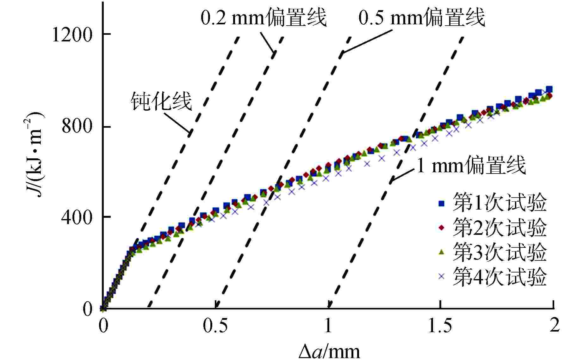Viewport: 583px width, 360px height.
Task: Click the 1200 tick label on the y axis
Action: click(x=71, y=35)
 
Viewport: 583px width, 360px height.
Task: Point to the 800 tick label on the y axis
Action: click(x=77, y=127)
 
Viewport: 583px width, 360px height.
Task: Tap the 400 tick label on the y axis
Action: click(x=77, y=217)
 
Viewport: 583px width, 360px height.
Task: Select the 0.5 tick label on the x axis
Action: click(x=215, y=326)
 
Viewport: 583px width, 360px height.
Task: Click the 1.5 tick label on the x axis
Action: click(x=440, y=326)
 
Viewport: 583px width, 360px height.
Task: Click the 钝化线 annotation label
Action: click(x=162, y=101)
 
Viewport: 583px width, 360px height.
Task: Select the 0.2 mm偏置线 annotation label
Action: click(x=264, y=18)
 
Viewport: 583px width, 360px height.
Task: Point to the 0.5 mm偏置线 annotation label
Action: click(x=422, y=18)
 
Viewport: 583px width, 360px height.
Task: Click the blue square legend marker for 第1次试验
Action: click(x=442, y=204)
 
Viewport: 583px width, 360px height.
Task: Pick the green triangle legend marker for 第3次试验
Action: click(x=442, y=252)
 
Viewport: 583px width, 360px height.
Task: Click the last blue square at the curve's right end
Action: click(x=549, y=89)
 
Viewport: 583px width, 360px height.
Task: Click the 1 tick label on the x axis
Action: click(x=328, y=326)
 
